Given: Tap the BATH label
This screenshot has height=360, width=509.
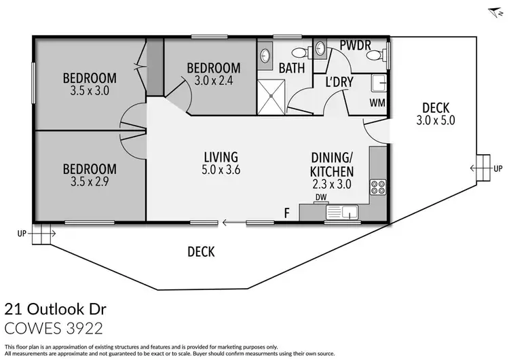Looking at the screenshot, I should click(x=290, y=67).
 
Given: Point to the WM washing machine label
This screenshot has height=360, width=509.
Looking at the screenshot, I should click(x=377, y=103).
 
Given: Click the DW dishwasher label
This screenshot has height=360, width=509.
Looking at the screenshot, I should click(x=321, y=198).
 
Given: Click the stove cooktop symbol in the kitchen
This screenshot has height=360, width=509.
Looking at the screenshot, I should click(x=377, y=185).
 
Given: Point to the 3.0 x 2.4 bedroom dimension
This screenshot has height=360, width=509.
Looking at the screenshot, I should click(x=213, y=81).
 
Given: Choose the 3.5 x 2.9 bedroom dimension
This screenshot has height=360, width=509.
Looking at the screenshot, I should click(x=90, y=182).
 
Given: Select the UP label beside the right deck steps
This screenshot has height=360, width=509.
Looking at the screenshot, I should click(x=498, y=168).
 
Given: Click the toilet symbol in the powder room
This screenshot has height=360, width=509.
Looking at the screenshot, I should click(x=385, y=52).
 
